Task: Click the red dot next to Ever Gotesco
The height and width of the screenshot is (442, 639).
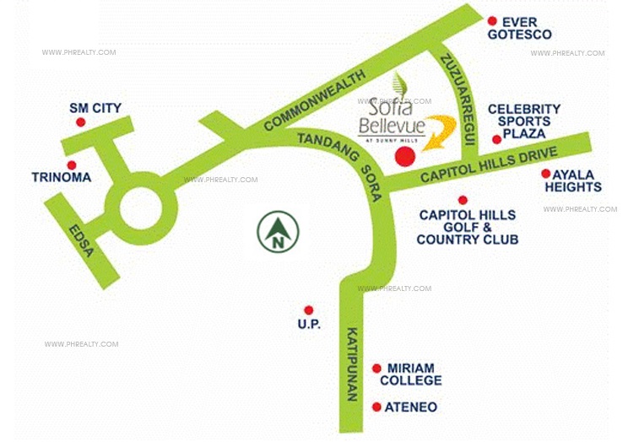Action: (492, 21)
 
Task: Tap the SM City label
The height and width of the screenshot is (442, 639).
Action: (95, 108)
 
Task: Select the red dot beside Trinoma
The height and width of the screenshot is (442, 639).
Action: (72, 165)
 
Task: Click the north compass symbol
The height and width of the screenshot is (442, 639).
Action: (279, 230)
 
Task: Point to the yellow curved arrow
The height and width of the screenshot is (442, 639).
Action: (440, 132)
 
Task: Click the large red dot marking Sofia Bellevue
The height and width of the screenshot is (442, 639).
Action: (406, 157)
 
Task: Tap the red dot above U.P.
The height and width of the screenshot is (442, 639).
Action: (309, 310)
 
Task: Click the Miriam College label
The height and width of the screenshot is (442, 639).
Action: (411, 375)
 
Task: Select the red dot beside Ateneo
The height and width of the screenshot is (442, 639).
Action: (376, 407)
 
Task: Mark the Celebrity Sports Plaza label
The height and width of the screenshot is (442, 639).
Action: (523, 121)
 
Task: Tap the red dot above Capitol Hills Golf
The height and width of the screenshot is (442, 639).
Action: (463, 200)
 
